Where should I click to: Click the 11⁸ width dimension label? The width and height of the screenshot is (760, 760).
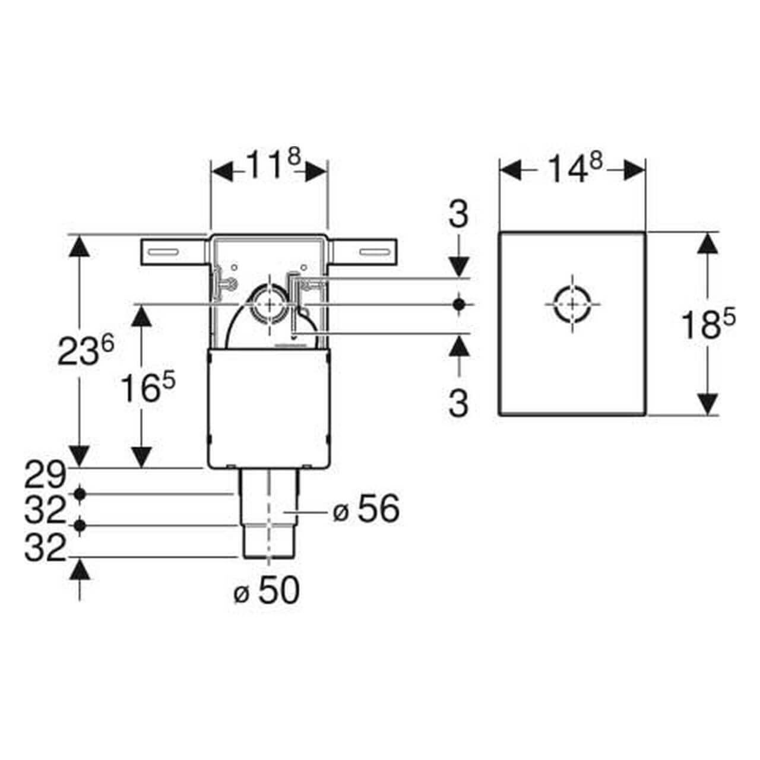270,167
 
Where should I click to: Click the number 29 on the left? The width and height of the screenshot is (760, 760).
44,474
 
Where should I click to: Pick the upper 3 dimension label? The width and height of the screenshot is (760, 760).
458,214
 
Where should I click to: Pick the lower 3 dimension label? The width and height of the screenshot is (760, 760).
458,403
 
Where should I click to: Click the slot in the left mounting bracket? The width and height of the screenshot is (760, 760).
163,252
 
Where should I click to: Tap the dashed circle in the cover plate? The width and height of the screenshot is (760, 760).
572,304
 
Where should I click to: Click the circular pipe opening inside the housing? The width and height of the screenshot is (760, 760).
270,303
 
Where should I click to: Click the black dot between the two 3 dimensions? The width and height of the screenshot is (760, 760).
458,304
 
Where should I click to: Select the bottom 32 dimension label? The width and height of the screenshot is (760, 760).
44,549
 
